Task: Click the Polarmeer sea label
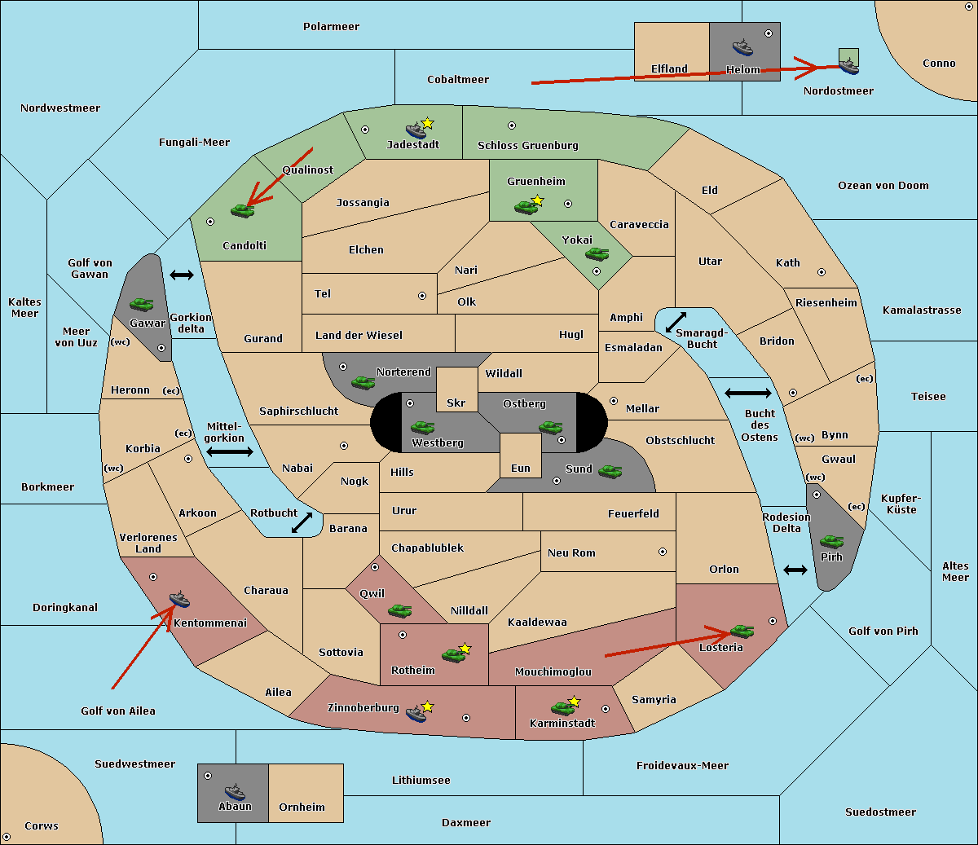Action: [331, 27]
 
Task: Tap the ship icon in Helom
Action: [742, 47]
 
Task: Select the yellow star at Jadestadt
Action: [428, 123]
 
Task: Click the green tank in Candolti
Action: [242, 210]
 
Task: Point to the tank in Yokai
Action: [597, 254]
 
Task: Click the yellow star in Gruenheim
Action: [538, 200]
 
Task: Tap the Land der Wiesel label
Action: [359, 336]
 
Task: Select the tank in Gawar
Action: [142, 304]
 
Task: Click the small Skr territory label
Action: [456, 403]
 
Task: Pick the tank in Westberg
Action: [422, 427]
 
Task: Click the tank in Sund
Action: [610, 471]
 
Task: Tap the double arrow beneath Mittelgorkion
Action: [230, 451]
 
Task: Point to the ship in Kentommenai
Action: [180, 598]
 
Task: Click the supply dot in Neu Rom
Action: [663, 552]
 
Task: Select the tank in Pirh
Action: [831, 541]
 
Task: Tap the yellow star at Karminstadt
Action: [575, 701]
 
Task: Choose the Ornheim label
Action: [302, 807]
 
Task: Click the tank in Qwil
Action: [400, 610]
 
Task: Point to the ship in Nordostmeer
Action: [849, 66]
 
